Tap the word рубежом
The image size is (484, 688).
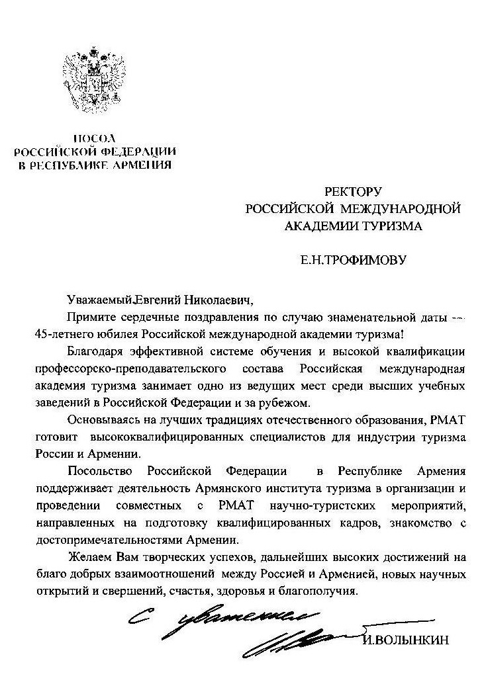point(286,402)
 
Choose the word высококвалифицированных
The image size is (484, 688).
point(164,437)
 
